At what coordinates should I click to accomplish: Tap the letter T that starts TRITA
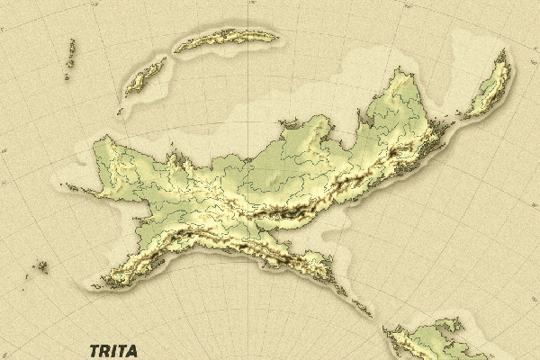tap(94, 351)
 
